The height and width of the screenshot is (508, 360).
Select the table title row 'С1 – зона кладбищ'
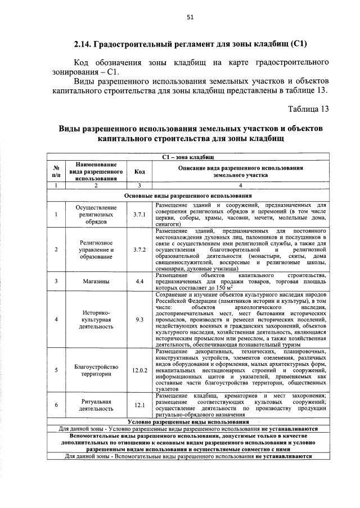coord(187,158)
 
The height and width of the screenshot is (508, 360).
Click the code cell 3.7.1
coord(139,214)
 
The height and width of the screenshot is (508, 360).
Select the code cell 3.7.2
coord(139,250)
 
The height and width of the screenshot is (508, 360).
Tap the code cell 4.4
coord(139,281)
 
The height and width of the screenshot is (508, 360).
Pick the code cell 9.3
coord(139,319)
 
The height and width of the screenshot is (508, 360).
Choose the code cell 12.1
coord(139,406)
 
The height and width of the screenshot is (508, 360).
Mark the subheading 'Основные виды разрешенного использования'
coord(187,196)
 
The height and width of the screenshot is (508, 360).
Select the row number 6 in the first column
coord(56,406)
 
